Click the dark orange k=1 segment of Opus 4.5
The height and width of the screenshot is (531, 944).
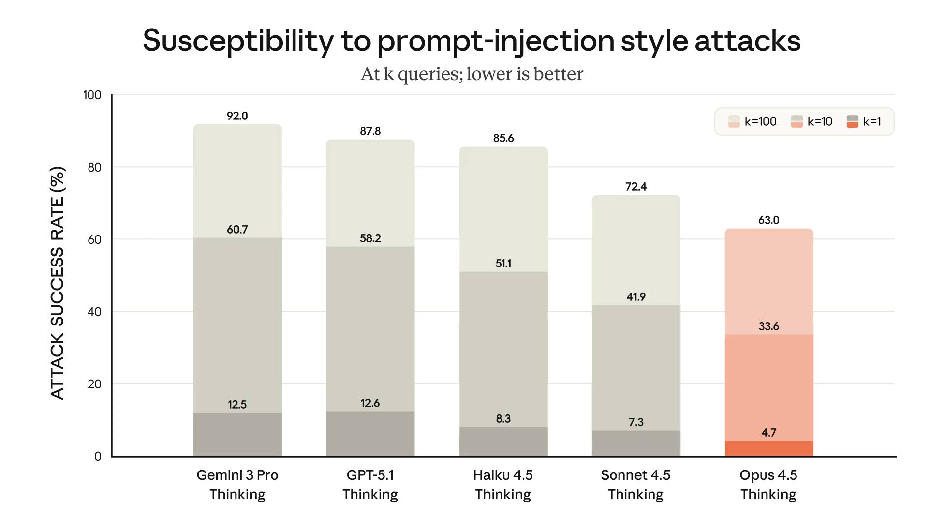768,448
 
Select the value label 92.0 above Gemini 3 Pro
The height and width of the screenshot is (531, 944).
237,116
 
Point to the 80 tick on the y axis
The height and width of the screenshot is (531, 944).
94,167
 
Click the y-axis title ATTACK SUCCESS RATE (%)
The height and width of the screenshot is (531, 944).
58,283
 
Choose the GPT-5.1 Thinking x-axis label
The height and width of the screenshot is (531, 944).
370,484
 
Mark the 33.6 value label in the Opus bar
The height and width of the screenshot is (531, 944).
768,326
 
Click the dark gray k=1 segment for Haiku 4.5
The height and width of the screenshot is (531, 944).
503,442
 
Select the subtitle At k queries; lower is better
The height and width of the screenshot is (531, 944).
472,74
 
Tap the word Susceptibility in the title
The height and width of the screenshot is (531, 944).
238,40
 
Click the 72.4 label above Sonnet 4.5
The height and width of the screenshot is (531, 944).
636,187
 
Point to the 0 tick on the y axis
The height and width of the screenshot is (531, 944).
98,456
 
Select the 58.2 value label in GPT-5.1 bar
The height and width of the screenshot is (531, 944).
370,238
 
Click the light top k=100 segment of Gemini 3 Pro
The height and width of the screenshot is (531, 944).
237,182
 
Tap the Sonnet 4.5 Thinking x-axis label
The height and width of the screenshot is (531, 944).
636,484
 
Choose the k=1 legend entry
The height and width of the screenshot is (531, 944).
864,121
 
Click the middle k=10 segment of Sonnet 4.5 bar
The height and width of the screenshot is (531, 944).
636,369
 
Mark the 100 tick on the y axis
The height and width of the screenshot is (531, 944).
92,95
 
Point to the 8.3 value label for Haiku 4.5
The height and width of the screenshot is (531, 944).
503,419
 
